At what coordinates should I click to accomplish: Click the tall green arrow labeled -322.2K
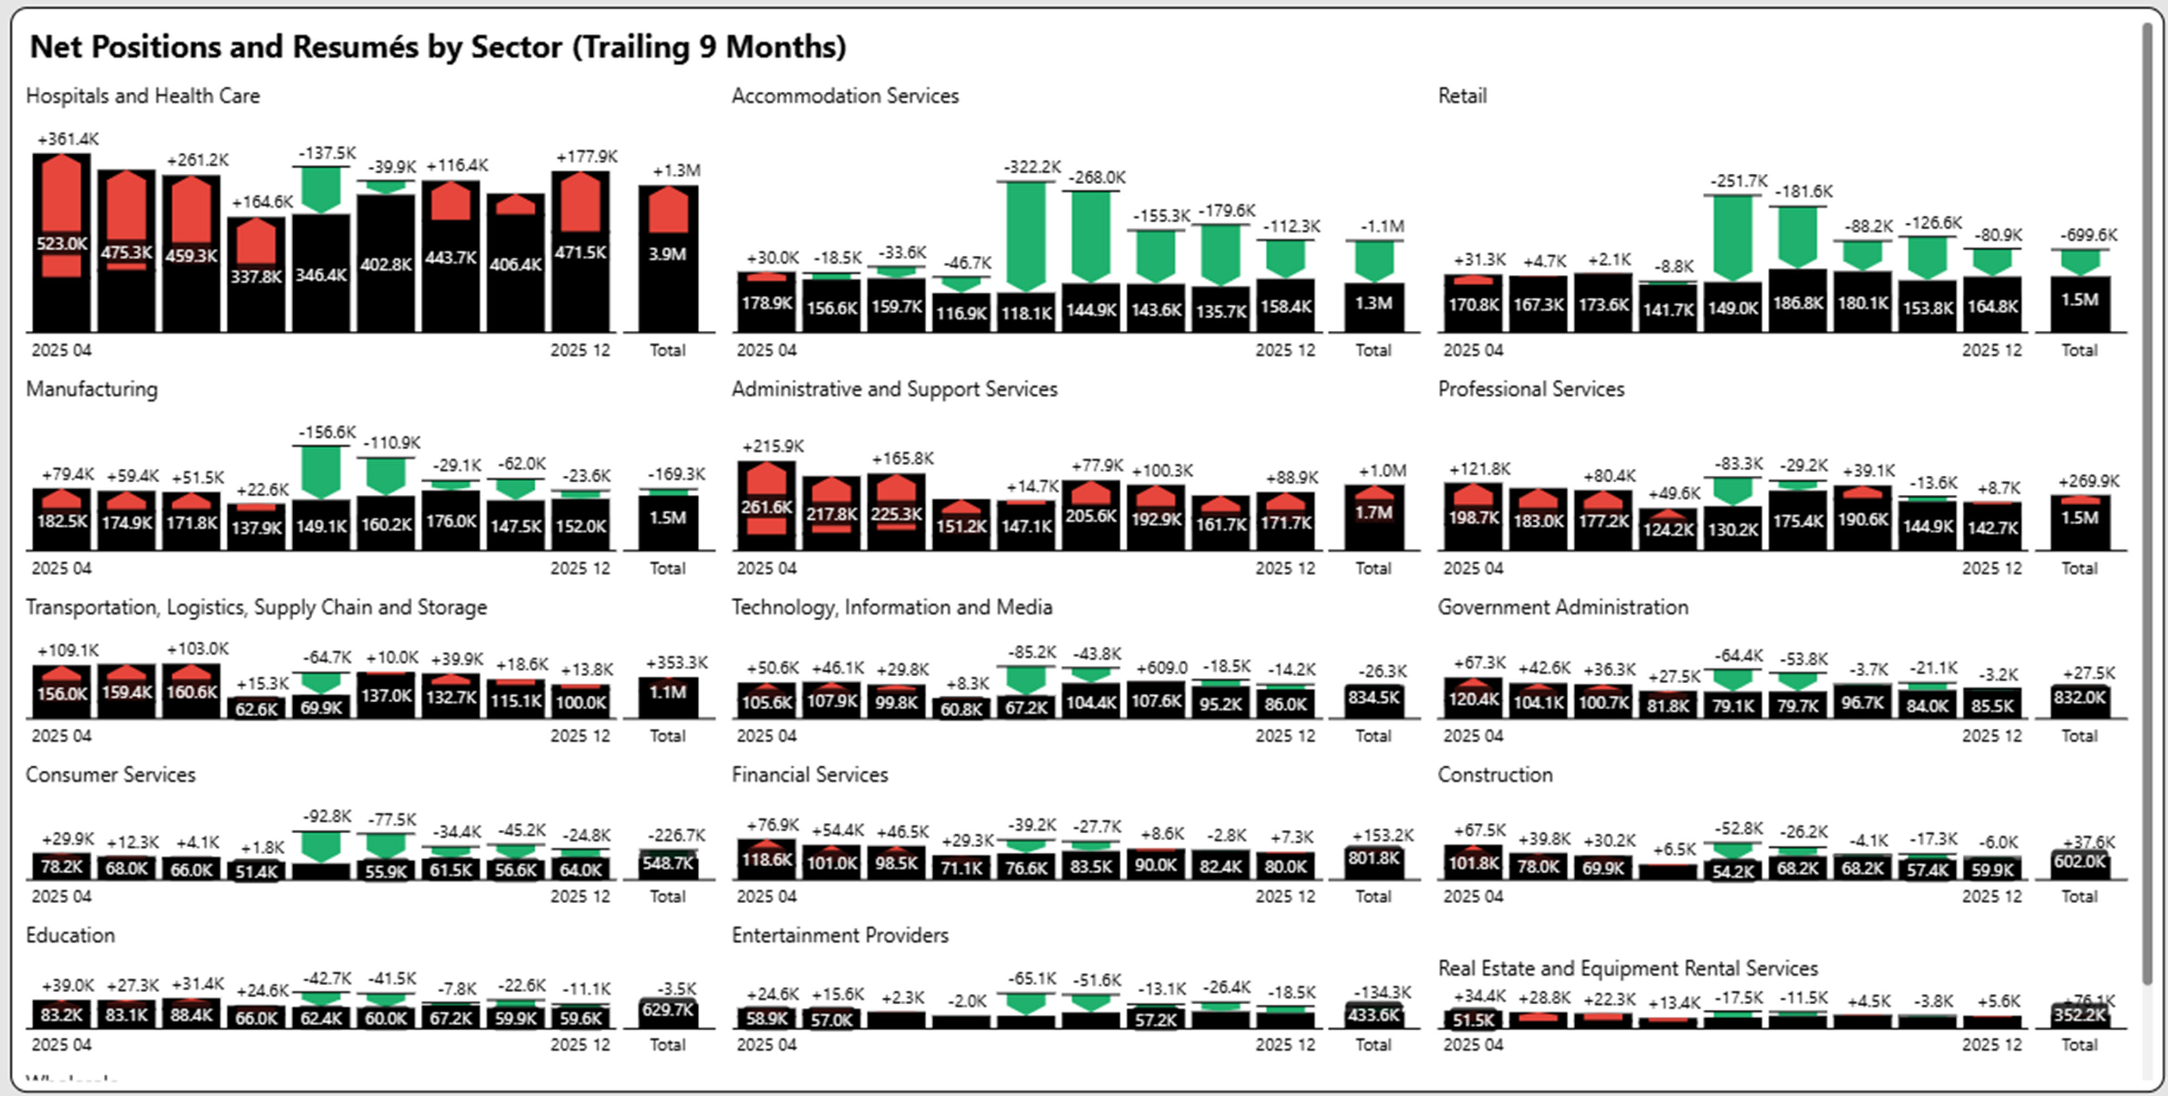(1026, 236)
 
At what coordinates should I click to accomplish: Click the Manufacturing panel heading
(92, 389)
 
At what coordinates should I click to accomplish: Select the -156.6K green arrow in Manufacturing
(321, 471)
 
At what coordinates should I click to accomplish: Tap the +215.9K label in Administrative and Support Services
(773, 446)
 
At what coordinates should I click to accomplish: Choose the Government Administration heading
(1562, 607)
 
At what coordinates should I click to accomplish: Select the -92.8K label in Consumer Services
(327, 816)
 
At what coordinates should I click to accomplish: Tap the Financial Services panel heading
(809, 774)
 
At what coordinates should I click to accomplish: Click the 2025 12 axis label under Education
(580, 1044)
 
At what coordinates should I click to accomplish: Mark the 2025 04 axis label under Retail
(1473, 350)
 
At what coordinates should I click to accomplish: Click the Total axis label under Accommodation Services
(1373, 350)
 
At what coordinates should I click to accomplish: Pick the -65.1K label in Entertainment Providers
(1032, 979)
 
